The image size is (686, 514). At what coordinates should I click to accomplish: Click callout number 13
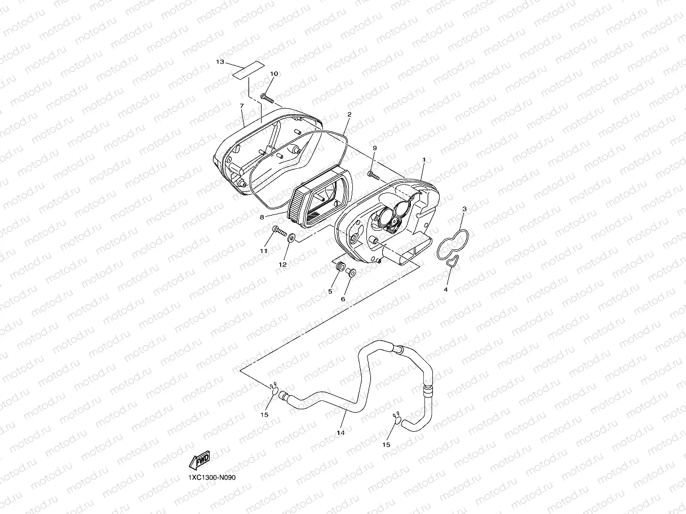(220, 61)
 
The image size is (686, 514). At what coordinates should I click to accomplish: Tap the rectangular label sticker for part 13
(249, 70)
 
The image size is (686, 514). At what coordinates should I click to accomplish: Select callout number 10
(274, 74)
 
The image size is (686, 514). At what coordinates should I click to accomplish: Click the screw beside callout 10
(267, 100)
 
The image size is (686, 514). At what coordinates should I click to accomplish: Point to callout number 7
(241, 106)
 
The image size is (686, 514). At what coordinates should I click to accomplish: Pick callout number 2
(349, 114)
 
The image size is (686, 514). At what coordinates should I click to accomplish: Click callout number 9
(374, 148)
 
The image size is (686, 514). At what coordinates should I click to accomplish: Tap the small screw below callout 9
(374, 176)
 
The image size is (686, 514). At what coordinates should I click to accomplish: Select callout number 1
(424, 160)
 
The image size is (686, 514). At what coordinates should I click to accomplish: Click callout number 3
(464, 209)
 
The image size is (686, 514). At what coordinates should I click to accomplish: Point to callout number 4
(445, 289)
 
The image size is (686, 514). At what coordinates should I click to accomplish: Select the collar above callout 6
(351, 273)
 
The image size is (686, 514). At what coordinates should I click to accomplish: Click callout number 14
(340, 432)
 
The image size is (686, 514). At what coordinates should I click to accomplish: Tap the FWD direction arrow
(200, 460)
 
